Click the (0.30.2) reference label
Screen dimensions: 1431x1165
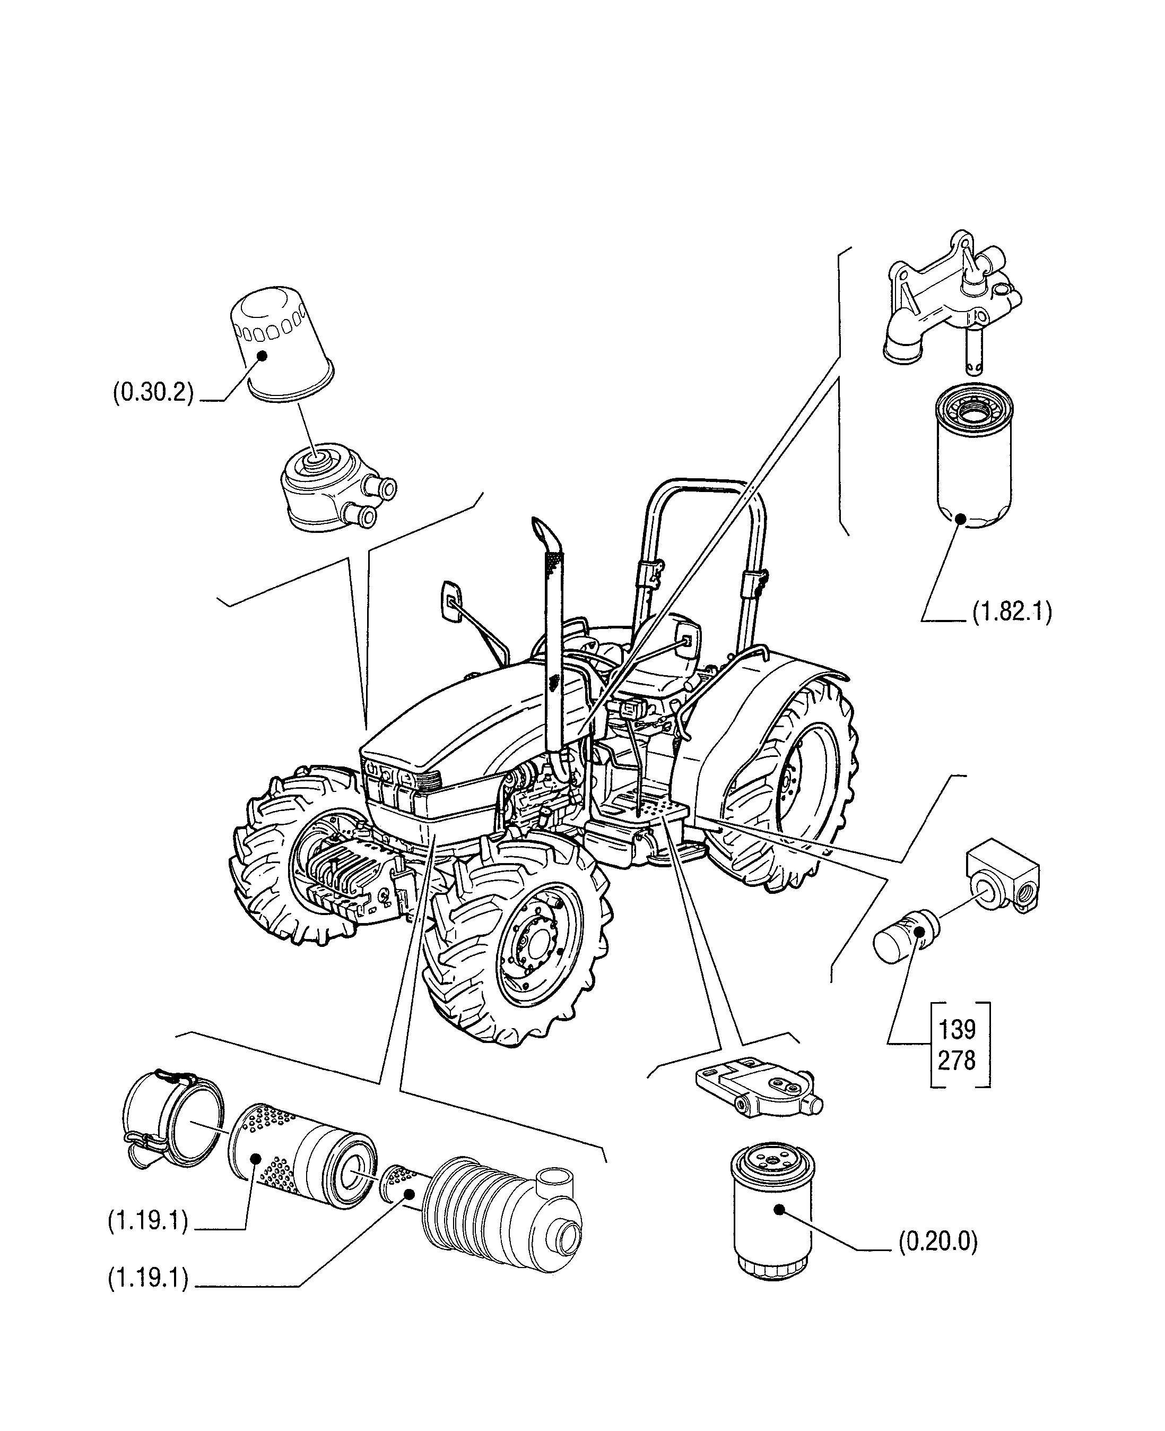(x=153, y=393)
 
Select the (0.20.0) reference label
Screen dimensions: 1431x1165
(x=937, y=1242)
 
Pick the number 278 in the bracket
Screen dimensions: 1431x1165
(x=957, y=1061)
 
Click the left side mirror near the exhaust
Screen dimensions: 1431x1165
(x=451, y=601)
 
